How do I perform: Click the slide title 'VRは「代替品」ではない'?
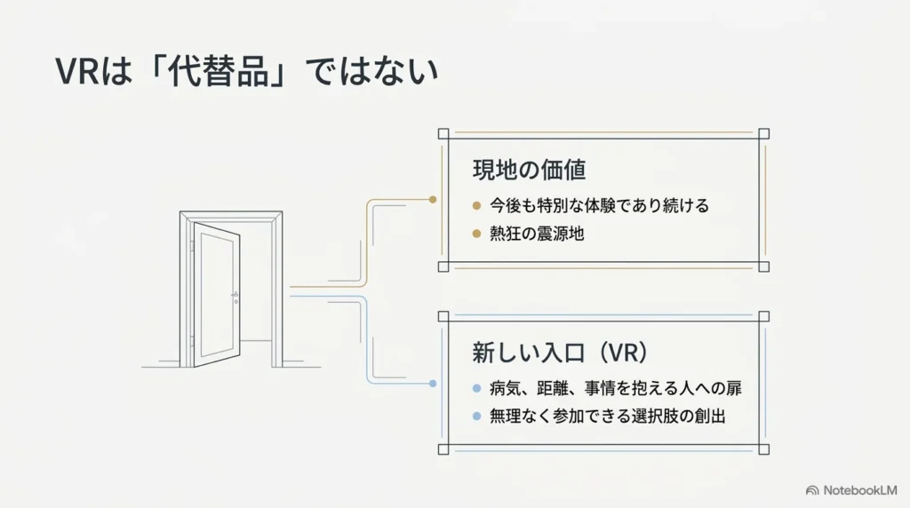[247, 72]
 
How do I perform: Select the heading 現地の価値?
[530, 170]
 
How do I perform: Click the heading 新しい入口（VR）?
[560, 352]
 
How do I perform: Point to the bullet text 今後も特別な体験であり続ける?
[600, 205]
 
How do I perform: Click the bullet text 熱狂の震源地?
[537, 234]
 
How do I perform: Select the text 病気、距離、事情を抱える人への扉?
[616, 388]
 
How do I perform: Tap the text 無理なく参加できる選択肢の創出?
[608, 417]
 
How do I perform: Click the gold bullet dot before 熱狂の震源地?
[476, 234]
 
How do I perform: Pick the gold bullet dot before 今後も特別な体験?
[476, 205]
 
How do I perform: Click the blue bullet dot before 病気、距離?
[476, 388]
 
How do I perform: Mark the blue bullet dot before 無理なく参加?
[476, 417]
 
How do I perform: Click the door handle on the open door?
[235, 297]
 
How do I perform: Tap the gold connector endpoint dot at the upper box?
[433, 200]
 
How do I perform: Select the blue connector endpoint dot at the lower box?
[433, 384]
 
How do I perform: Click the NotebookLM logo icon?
[812, 490]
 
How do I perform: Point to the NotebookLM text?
[860, 490]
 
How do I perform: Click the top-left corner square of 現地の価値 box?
[443, 134]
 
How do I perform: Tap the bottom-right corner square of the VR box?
[763, 449]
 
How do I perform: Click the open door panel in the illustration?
[217, 295]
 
